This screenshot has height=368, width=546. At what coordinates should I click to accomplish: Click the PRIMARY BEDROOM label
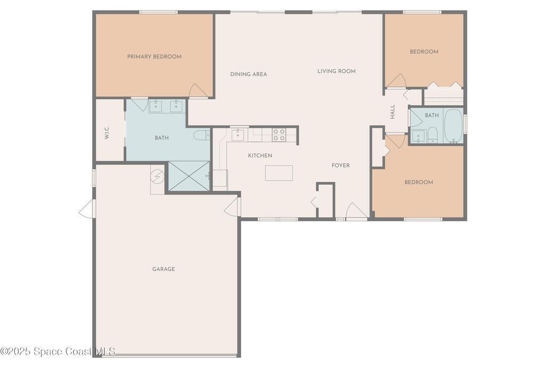(x=154, y=57)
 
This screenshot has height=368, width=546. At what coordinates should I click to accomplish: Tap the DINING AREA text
(x=248, y=74)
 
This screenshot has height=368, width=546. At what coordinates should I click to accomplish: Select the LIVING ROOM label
(x=336, y=71)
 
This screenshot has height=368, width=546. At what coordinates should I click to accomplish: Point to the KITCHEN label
(x=260, y=156)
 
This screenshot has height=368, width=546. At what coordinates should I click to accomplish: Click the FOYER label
(x=341, y=165)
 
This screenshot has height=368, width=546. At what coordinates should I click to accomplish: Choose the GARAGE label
(x=164, y=269)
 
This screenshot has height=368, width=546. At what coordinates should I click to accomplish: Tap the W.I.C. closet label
(x=107, y=133)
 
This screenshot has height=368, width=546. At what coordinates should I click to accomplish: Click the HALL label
(x=393, y=112)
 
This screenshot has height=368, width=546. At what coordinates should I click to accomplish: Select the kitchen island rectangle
(x=279, y=173)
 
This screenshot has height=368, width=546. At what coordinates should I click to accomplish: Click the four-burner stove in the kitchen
(x=279, y=135)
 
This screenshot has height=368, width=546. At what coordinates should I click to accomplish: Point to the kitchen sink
(x=238, y=134)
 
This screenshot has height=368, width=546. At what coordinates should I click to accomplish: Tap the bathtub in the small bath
(x=453, y=126)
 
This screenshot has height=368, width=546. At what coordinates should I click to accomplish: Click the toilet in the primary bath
(x=202, y=135)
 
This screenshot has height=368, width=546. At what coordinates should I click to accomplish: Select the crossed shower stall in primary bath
(x=189, y=176)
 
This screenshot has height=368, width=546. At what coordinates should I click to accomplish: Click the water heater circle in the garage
(x=157, y=176)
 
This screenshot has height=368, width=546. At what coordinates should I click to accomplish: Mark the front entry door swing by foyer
(x=356, y=211)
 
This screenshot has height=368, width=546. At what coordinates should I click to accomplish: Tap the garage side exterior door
(x=87, y=209)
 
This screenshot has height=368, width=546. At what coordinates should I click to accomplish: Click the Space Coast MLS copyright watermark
(x=58, y=351)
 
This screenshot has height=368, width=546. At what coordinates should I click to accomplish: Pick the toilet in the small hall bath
(x=432, y=135)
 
